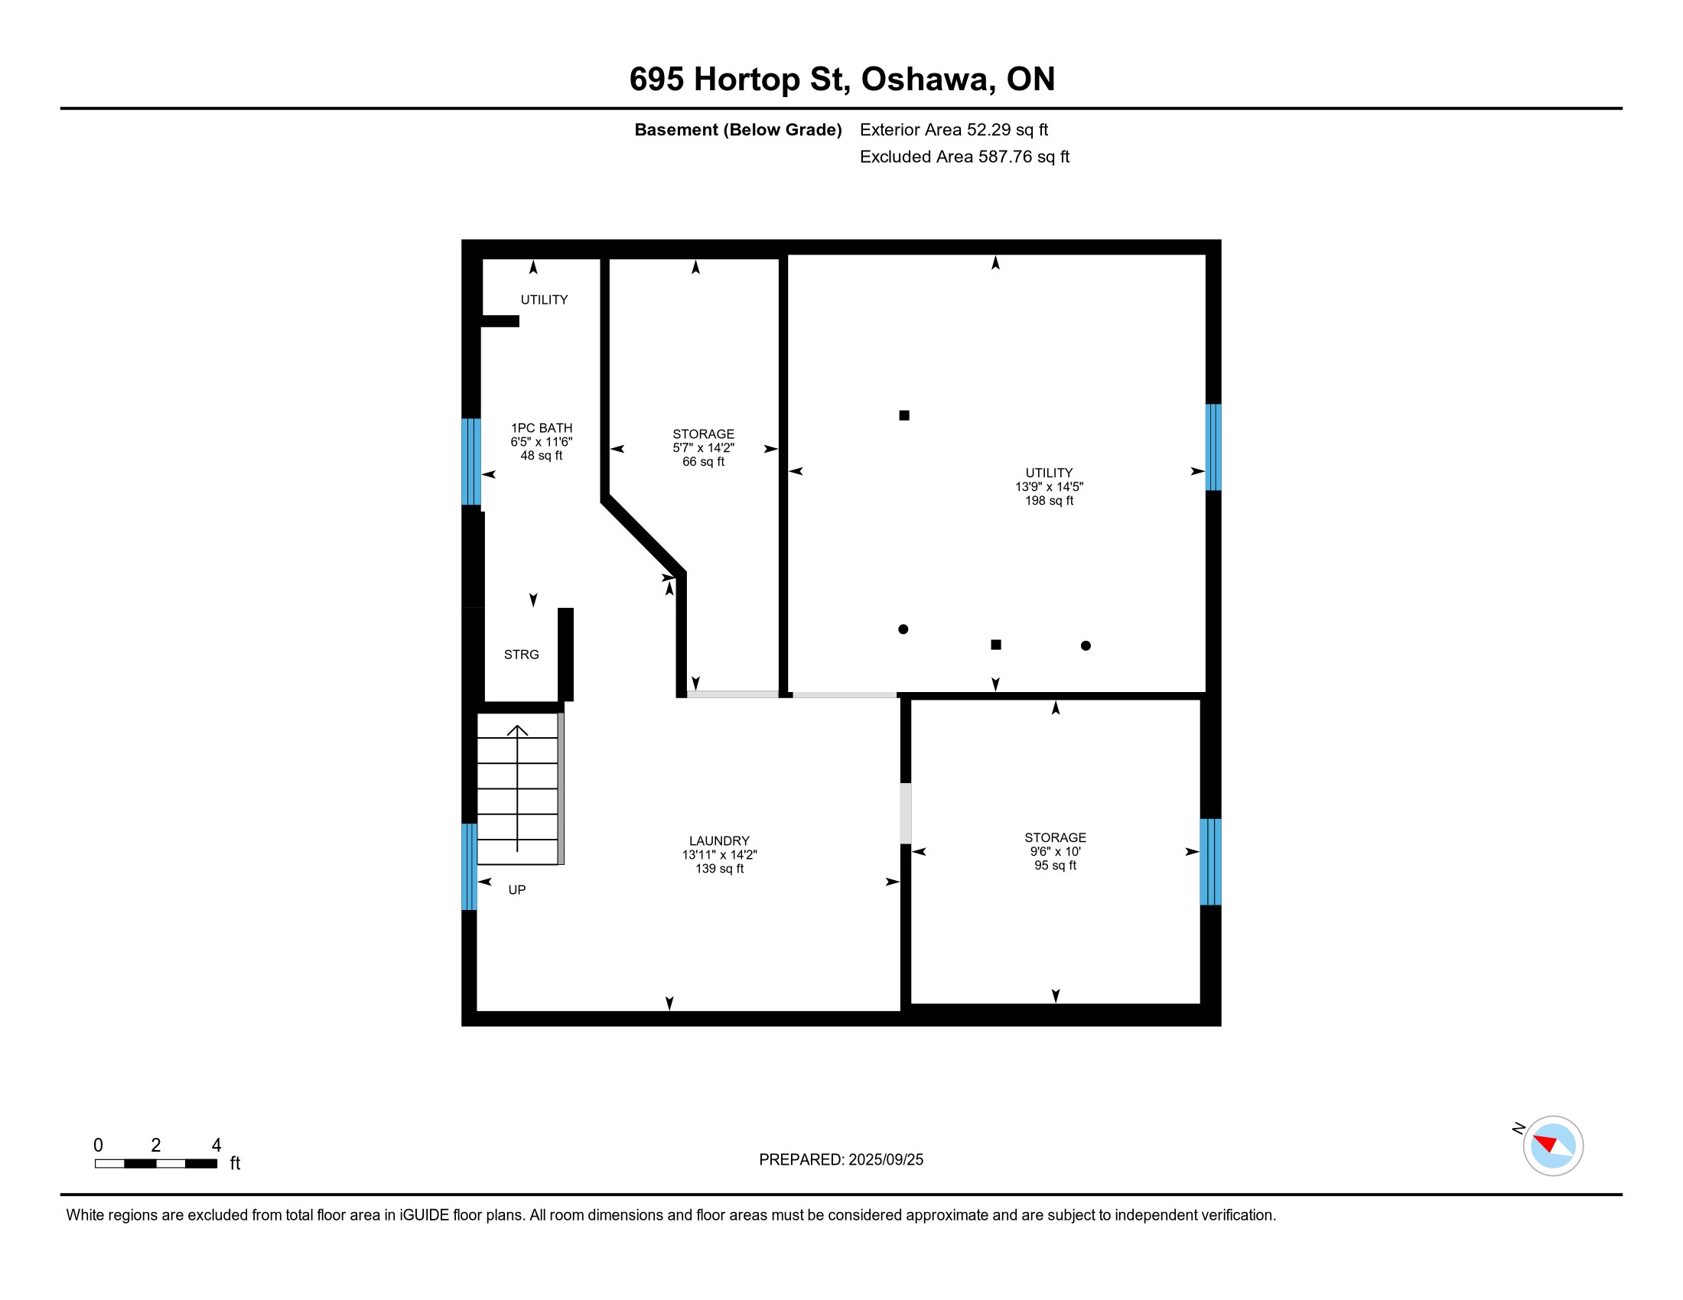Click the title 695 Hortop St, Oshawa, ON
[841, 80]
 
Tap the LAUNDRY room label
[719, 841]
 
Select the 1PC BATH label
[542, 428]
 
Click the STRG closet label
[522, 655]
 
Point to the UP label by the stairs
[517, 890]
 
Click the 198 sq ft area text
[1049, 501]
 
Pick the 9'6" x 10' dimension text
[1055, 852]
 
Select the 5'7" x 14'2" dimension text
[704, 448]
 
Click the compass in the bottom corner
[1553, 1146]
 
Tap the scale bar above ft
[155, 1164]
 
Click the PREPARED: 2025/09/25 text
[841, 1160]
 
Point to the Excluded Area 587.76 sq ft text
[965, 157]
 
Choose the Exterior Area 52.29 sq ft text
[954, 130]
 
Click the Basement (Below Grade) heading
[737, 130]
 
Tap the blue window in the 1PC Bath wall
[470, 461]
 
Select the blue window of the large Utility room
[1213, 447]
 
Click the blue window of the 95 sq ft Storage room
[1211, 862]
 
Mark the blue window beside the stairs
[469, 867]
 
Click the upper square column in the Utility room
[904, 416]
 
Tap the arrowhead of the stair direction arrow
[517, 730]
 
